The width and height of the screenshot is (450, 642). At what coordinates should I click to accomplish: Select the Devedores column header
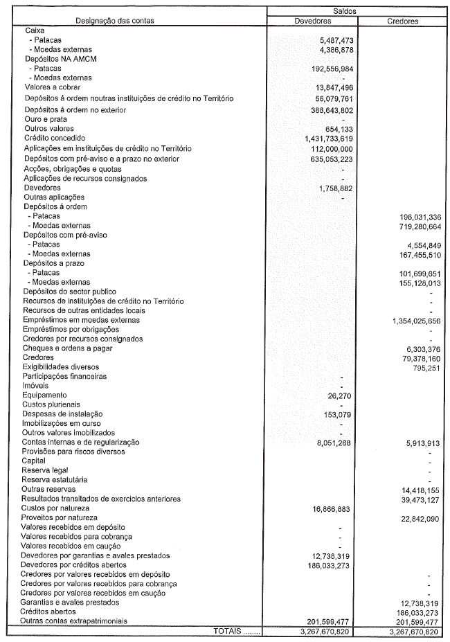pos(313,21)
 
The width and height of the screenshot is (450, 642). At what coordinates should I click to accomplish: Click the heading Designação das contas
pos(115,21)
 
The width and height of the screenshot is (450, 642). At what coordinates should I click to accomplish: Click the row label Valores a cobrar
pos(53,88)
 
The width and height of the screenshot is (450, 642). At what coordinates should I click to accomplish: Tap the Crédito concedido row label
pos(57,139)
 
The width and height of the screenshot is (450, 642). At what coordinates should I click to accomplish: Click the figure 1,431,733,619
pos(325,139)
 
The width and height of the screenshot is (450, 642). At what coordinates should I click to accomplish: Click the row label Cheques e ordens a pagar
pos(67,348)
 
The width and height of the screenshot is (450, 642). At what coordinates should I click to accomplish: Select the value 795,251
pos(424,367)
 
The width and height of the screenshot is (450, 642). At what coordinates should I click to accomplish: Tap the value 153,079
pos(337,414)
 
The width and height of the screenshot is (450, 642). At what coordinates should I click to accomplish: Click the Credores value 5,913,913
pos(420,443)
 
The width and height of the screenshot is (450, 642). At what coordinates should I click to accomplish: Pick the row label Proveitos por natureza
pos(60,517)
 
